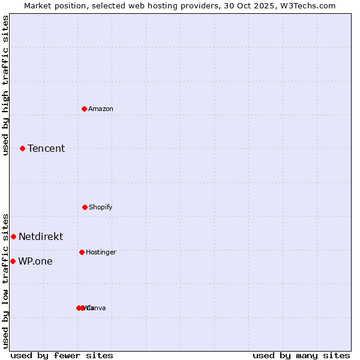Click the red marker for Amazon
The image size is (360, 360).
[84, 109]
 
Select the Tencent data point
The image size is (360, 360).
[22, 148]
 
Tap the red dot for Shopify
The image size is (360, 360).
[85, 207]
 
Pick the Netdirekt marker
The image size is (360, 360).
[13, 236]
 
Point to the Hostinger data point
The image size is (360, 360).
[82, 252]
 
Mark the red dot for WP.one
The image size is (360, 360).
[13, 261]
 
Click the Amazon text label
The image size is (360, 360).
[101, 109]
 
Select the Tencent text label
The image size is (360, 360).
[46, 148]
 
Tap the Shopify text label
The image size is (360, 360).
[101, 207]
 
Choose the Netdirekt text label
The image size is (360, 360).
[41, 236]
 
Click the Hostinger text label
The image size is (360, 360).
[101, 252]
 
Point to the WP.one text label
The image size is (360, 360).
[35, 261]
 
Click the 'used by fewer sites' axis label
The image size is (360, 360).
[62, 355]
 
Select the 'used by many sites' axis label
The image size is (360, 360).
[301, 355]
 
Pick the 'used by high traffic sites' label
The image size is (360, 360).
[5, 85]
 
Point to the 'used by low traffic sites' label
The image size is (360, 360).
[5, 280]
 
